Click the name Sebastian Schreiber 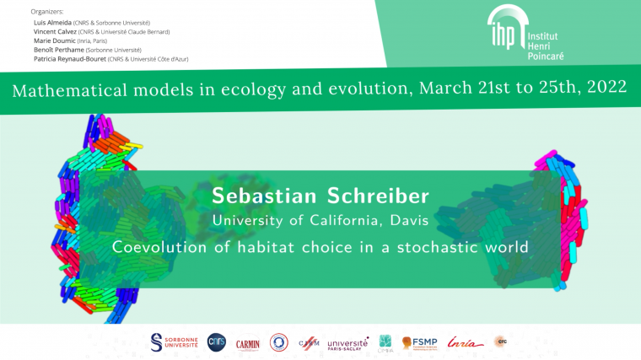pyautogui.click(x=320, y=197)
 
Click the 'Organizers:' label pyautogui.click(x=47, y=12)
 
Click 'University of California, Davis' pyautogui.click(x=320, y=221)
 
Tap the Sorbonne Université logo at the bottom pyautogui.click(x=174, y=341)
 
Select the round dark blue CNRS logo pyautogui.click(x=217, y=341)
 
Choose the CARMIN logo pyautogui.click(x=247, y=343)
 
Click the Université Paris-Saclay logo pyautogui.click(x=347, y=343)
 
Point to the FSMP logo pyautogui.click(x=418, y=342)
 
